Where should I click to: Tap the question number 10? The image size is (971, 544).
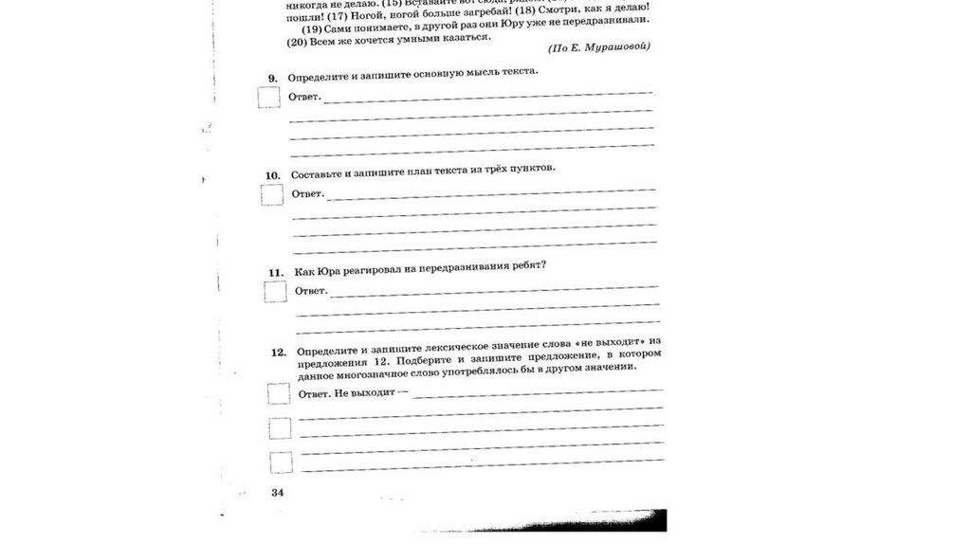coord(272,175)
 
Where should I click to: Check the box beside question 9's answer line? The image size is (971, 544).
coord(269,97)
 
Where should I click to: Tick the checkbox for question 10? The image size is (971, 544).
coord(272,194)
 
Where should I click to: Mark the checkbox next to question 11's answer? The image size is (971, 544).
coord(276,291)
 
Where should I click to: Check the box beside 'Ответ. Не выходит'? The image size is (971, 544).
coord(279,392)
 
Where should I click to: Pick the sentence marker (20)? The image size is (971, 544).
coord(299,42)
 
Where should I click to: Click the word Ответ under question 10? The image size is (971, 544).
coord(307,194)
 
